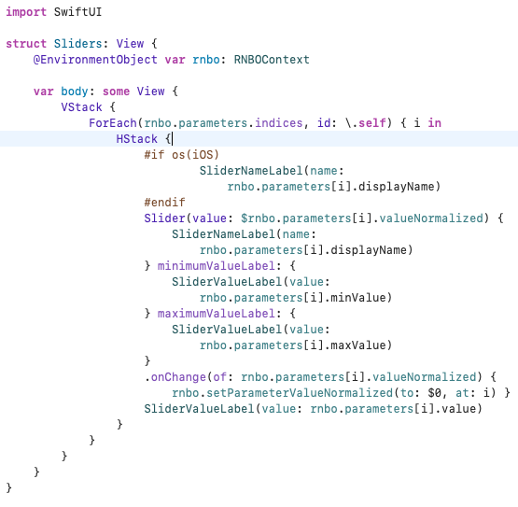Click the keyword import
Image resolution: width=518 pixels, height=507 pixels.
tap(26, 12)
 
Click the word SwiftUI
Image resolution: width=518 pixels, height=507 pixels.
tap(78, 12)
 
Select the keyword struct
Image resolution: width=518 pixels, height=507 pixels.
tap(26, 44)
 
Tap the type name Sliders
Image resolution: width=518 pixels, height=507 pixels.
tap(78, 44)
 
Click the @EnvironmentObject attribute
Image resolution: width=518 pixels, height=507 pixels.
tap(95, 60)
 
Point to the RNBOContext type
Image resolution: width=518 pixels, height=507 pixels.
tap(272, 60)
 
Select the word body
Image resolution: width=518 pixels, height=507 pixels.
tap(75, 92)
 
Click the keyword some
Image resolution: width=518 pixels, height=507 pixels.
tap(116, 92)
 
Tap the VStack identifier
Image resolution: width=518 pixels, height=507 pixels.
tap(81, 107)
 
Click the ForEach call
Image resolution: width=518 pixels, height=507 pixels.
tap(113, 123)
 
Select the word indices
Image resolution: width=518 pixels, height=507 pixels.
tap(279, 123)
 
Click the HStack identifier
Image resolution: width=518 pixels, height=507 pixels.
tap(137, 139)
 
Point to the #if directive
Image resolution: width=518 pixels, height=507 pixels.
tap(154, 155)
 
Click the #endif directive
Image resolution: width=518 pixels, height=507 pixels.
tap(164, 203)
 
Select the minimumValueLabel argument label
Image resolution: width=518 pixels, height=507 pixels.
tap(217, 266)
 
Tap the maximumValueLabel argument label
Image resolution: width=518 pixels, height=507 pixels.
tap(217, 314)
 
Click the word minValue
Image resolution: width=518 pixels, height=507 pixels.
tap(358, 298)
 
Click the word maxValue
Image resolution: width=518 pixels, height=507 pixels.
tap(358, 345)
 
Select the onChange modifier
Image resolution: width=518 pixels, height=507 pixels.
tap(178, 377)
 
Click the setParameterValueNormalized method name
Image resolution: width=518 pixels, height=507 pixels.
tap(300, 393)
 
